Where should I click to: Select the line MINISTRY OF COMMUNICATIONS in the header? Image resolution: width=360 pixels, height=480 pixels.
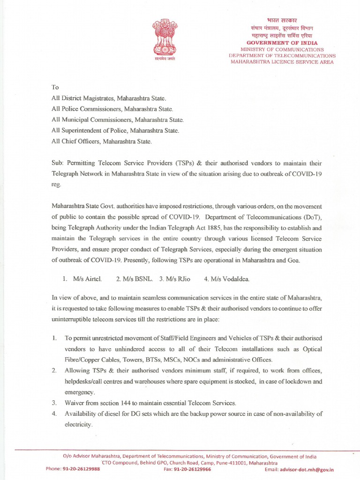(282, 49)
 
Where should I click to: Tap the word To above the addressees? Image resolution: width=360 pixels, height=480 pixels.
(55, 87)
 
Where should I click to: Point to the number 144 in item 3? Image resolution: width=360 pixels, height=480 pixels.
(122, 403)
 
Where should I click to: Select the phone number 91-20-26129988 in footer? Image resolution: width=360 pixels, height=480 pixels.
(82, 469)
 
